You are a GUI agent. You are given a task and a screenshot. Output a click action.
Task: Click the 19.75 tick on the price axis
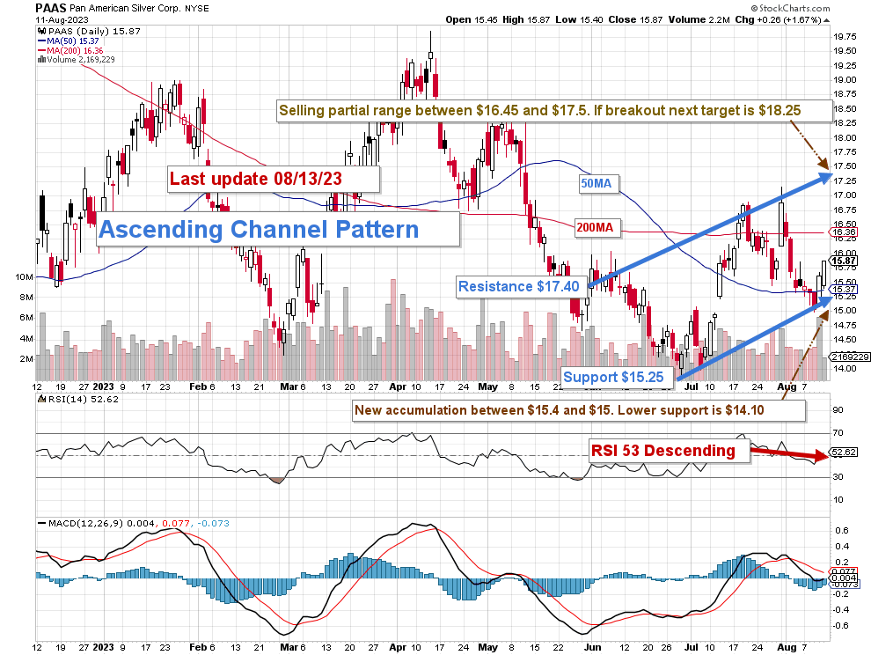tap(847, 37)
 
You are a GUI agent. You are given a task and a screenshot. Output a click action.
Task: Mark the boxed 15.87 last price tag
tap(845, 261)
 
